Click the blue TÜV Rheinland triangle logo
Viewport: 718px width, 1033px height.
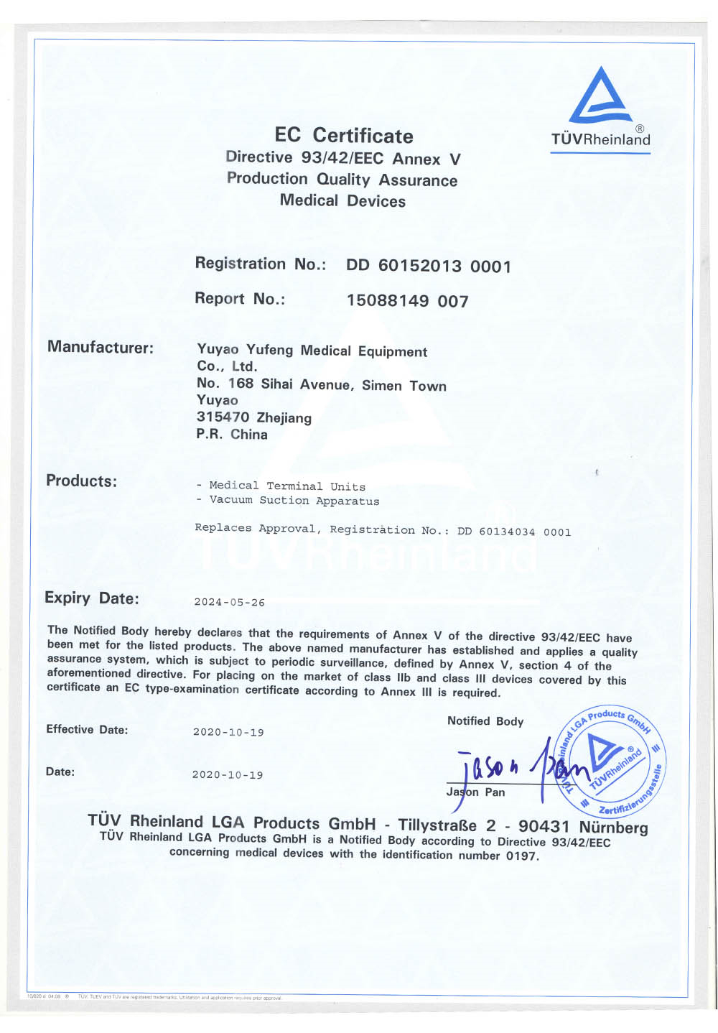click(600, 96)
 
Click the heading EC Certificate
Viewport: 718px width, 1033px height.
click(343, 136)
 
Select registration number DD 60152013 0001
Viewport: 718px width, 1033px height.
click(429, 267)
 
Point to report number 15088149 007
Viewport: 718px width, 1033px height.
click(407, 301)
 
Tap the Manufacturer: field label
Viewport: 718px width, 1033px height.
click(101, 348)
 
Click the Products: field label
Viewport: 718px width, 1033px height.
click(81, 481)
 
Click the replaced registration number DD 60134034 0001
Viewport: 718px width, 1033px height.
click(514, 532)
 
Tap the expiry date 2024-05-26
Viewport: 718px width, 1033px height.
click(229, 603)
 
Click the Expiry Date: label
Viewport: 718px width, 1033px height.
click(91, 598)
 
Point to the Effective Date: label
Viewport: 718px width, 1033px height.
click(87, 730)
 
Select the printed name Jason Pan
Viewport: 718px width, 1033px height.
click(475, 792)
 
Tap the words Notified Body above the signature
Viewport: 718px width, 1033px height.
click(485, 721)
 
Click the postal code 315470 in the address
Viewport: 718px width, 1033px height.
click(223, 417)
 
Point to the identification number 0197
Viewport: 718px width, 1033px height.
click(521, 856)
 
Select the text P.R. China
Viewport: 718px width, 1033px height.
click(231, 435)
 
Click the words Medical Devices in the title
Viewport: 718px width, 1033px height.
click(342, 200)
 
